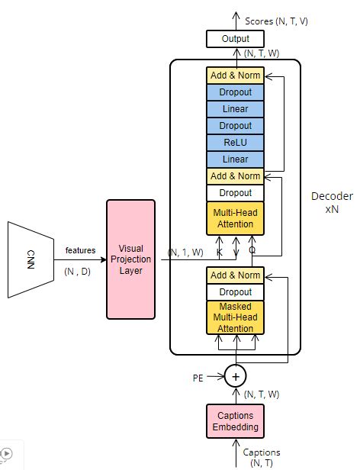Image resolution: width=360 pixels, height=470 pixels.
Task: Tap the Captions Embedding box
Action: pos(236,421)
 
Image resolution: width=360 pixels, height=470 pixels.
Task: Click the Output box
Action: pos(236,39)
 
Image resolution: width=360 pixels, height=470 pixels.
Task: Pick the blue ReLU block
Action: pos(236,142)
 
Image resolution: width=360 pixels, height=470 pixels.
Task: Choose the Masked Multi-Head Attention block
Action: pos(236,317)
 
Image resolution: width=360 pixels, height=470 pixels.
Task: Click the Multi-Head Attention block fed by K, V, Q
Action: pos(236,218)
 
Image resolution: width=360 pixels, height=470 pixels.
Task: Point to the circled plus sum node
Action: pos(236,375)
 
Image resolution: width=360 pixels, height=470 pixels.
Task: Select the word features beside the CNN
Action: pos(80,250)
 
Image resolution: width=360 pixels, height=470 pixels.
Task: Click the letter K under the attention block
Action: pos(220,249)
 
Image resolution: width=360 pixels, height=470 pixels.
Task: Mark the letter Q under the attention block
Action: pos(252,249)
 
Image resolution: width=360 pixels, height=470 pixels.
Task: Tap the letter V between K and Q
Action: pos(236,249)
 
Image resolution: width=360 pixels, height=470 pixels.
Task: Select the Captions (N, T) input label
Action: pos(262,457)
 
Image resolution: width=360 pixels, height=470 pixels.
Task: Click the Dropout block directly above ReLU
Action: pos(236,125)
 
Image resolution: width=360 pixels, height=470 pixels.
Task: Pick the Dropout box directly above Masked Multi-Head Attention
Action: pos(236,292)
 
